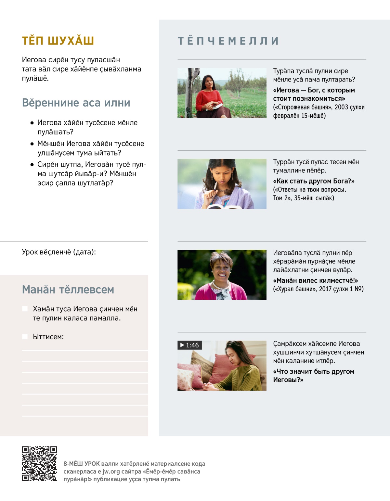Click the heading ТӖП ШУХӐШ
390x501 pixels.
58,41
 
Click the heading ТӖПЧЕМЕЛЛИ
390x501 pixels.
228,41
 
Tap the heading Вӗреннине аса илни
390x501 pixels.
76,103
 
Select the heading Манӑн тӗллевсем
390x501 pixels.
68,289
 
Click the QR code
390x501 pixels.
39,463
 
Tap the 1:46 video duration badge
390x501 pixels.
190,345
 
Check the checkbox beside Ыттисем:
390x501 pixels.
25,336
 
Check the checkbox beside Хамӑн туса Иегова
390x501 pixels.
25,309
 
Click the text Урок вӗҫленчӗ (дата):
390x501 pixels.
59,252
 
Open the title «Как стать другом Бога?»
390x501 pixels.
314,181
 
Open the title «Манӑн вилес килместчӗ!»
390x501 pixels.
315,280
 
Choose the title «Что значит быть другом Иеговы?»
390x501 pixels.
313,375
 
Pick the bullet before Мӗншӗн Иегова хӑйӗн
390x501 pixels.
32,144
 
